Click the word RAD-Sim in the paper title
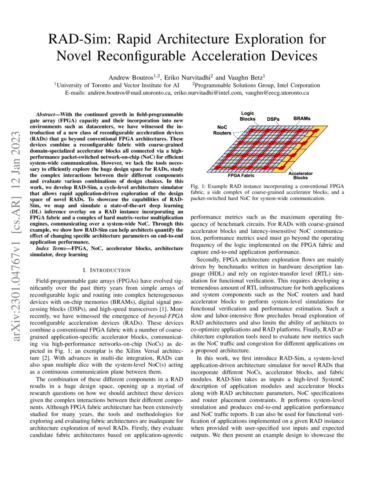click(x=77, y=39)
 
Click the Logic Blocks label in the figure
click(x=247, y=116)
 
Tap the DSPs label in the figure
click(x=275, y=119)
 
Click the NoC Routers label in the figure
click(x=222, y=130)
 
